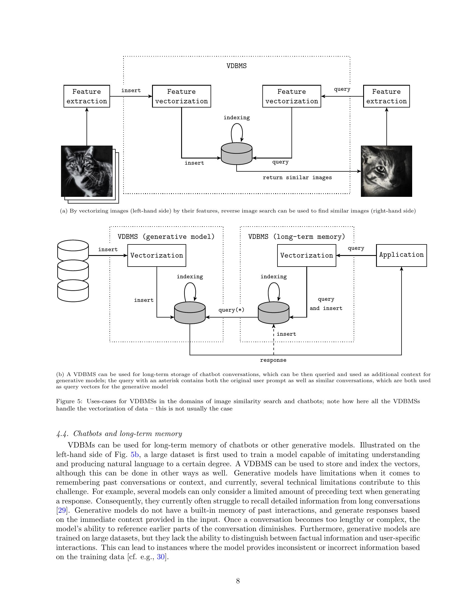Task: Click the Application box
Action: tap(401, 255)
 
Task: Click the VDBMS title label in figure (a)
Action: tap(236, 66)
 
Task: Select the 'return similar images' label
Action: tap(297, 178)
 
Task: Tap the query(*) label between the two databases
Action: tap(231, 310)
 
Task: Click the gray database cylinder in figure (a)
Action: tap(236, 154)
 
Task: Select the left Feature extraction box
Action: tap(87, 96)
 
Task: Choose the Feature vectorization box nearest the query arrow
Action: tap(291, 96)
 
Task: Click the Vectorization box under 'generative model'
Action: tap(157, 255)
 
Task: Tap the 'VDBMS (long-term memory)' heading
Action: tap(297, 236)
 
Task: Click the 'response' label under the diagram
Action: tap(273, 360)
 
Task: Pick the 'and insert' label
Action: tap(326, 308)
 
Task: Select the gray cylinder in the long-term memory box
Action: tap(273, 313)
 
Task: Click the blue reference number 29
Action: tap(62, 510)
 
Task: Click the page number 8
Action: tap(238, 581)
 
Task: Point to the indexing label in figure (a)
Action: tap(236, 117)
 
